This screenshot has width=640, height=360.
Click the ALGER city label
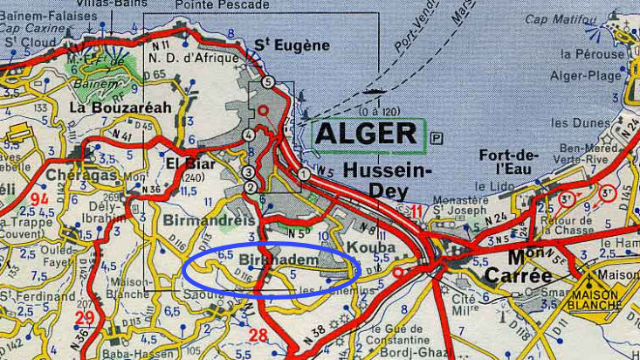point(367,133)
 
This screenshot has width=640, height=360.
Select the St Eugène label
point(292,45)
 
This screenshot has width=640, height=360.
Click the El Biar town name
point(184,163)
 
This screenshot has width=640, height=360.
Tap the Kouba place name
point(370,248)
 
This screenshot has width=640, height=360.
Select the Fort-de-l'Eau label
point(507,163)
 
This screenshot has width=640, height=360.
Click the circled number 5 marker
point(267,81)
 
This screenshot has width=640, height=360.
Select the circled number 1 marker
point(304,175)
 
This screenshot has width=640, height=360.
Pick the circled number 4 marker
point(250,135)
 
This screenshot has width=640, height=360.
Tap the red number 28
point(258,335)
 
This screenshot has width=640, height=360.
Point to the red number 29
point(85,317)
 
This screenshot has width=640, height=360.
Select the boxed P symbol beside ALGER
point(437,137)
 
